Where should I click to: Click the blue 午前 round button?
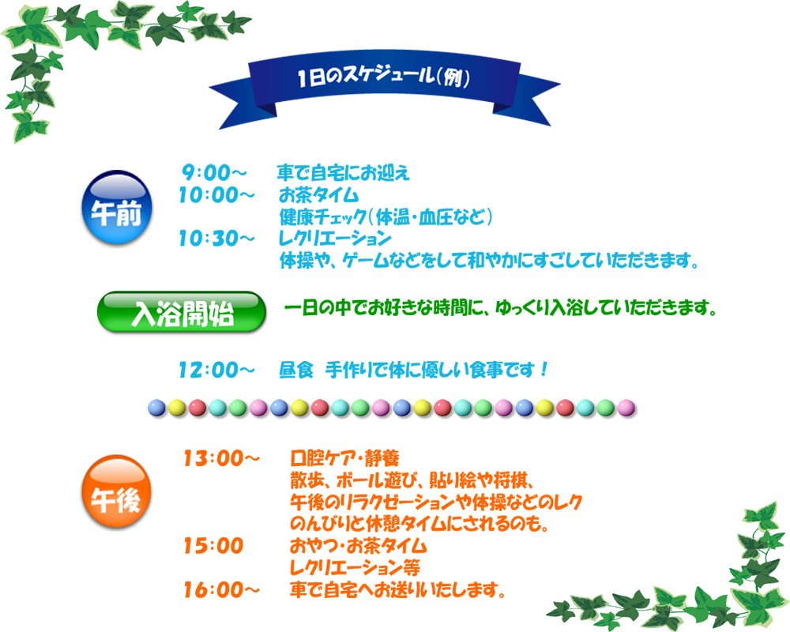coord(117,208)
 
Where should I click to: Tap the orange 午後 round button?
coord(117,492)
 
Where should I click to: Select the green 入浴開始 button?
coord(182,313)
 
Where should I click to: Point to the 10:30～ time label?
coord(217,239)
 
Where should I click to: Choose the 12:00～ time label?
coord(217,371)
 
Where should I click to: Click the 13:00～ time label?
coord(222,459)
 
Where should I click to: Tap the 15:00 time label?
coord(213,546)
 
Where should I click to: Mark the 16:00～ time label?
coord(222,589)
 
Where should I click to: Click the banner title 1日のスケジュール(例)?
coord(384,77)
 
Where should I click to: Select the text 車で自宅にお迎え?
coord(344,173)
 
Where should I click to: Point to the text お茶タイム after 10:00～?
coord(319,195)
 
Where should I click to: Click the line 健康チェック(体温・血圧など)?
coord(386,216)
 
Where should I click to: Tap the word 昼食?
coord(297,371)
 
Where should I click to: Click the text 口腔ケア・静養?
coord(344,459)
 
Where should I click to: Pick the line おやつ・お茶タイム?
coord(358,546)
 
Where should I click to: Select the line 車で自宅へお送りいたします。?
coord(397,589)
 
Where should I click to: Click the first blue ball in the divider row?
coord(156,408)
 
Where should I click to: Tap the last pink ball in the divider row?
coord(626,408)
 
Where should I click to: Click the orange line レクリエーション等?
coord(355,568)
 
